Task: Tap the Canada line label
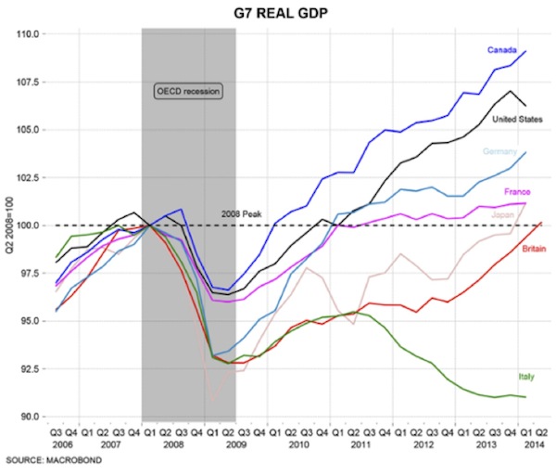501,49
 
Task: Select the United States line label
517,119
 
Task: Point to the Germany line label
500,151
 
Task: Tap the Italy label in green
526,377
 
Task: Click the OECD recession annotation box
189,91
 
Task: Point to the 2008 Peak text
242,214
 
